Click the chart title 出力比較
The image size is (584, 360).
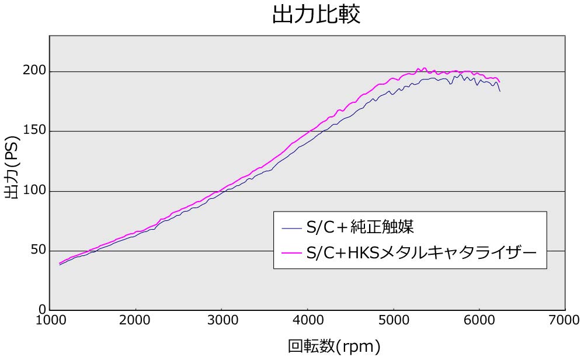(316, 15)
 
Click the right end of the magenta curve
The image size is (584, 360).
(499, 82)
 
